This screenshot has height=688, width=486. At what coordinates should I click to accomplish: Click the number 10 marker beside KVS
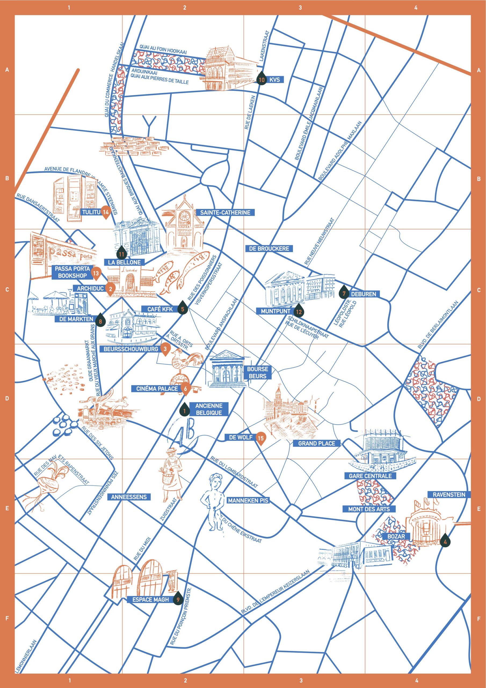coord(262,79)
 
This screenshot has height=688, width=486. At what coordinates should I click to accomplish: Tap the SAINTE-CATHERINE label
coord(225,213)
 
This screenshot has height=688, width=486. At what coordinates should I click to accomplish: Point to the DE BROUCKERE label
coord(269,248)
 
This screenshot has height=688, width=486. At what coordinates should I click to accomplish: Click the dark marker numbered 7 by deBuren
coord(344,294)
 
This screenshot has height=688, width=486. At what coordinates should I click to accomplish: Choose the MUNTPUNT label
coord(275,311)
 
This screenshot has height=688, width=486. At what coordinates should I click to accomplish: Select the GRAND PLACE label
coord(316,443)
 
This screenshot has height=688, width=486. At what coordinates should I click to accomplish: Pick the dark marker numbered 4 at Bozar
coord(445,541)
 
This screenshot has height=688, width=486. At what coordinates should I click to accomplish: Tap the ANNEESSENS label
coord(129,497)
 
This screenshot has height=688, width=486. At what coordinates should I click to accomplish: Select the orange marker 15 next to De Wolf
coord(260,438)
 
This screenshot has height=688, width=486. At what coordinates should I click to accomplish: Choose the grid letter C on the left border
coord(7,290)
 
